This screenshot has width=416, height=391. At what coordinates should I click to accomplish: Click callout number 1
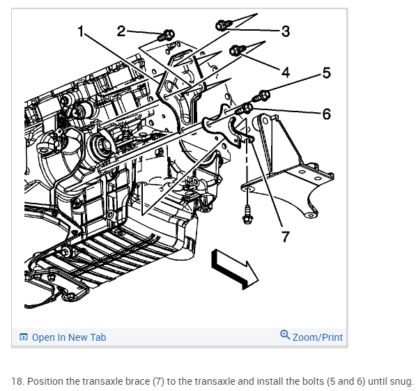[82, 31]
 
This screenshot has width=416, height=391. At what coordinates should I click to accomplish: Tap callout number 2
[121, 31]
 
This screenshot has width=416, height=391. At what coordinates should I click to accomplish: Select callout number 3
[286, 31]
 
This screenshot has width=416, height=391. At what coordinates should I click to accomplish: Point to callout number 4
[286, 72]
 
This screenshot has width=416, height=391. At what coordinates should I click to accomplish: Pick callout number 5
[327, 72]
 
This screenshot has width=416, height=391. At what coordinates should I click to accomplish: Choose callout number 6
[327, 114]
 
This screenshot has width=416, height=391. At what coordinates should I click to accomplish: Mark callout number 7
[285, 236]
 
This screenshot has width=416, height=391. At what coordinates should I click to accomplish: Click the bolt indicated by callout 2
[166, 36]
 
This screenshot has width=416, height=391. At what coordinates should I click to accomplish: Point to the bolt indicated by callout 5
[261, 96]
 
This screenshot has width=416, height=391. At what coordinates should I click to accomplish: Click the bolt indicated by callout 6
[244, 109]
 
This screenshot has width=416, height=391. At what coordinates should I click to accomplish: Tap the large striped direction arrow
[234, 269]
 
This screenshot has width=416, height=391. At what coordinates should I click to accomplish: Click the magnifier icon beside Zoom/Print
[285, 335]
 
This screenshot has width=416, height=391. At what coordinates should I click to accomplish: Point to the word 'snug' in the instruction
[401, 382]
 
